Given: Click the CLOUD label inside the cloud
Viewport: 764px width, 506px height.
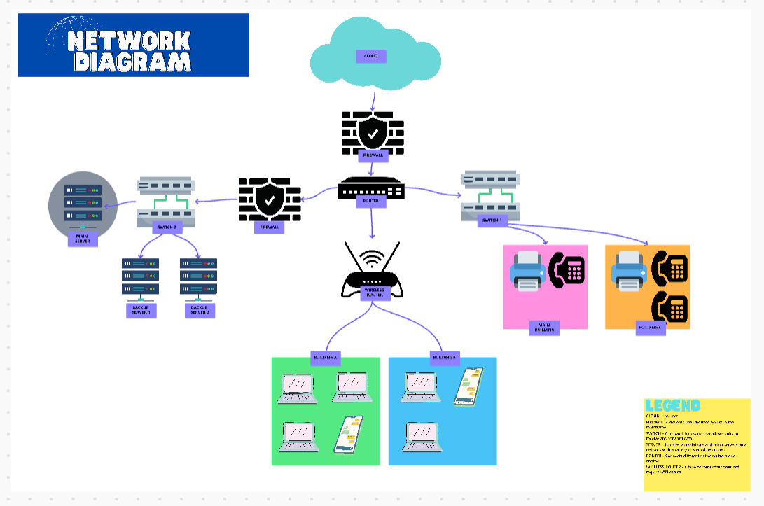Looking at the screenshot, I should (x=371, y=57).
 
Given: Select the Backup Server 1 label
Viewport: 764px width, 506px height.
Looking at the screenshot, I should (x=140, y=310).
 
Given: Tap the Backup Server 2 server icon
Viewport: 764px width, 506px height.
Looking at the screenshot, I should (x=198, y=276).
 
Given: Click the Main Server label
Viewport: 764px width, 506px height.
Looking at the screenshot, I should (x=83, y=239).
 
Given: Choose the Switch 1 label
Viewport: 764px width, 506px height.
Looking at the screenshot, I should (x=492, y=221).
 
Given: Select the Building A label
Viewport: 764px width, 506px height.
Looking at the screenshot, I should (x=324, y=358).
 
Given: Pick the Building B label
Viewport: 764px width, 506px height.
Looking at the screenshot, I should (x=444, y=358).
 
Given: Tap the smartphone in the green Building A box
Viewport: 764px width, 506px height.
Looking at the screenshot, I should (x=347, y=434).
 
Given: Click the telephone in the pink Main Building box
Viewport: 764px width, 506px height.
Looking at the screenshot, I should (x=567, y=268).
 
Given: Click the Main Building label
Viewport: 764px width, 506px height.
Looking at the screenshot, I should (x=544, y=328).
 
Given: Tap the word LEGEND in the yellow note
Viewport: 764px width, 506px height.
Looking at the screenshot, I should (x=672, y=405).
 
